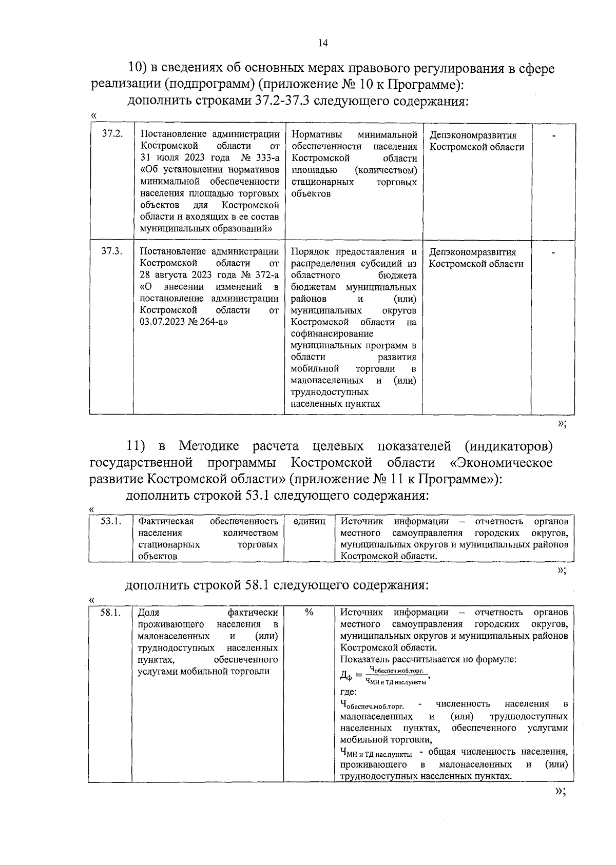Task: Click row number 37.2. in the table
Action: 112,134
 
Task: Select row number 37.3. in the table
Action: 112,251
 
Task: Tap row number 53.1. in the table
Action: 111,521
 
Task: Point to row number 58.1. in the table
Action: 110,613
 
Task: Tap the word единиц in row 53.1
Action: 309,521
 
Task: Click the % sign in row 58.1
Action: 309,612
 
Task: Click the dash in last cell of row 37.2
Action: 553,136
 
